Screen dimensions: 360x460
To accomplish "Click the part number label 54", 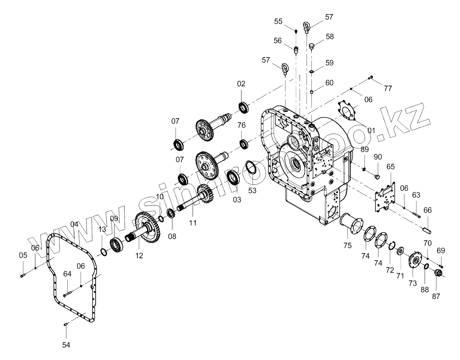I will tap(66, 344).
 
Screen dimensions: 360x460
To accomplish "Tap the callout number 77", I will tap(388, 88).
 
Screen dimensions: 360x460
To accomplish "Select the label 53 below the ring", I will tap(252, 190).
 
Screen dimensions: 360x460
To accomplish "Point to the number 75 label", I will tap(347, 245).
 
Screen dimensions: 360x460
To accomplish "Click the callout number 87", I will tap(436, 296).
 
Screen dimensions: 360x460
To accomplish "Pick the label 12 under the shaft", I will tap(139, 256).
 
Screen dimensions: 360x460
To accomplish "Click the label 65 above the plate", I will tap(390, 167).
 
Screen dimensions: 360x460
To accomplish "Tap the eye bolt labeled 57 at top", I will tap(306, 27).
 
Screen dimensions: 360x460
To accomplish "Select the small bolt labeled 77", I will tap(371, 77).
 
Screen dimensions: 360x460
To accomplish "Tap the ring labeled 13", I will tap(104, 251).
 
